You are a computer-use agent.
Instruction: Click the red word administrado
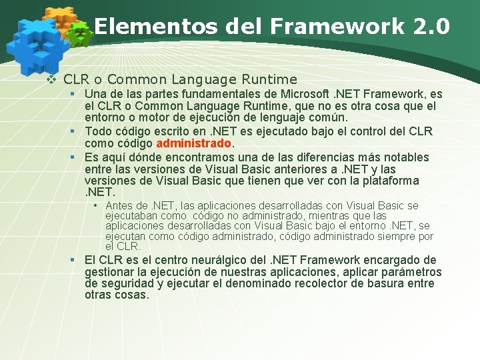pos(193,143)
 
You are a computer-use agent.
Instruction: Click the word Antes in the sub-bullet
pos(119,206)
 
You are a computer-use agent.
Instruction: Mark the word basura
pos(390,283)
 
